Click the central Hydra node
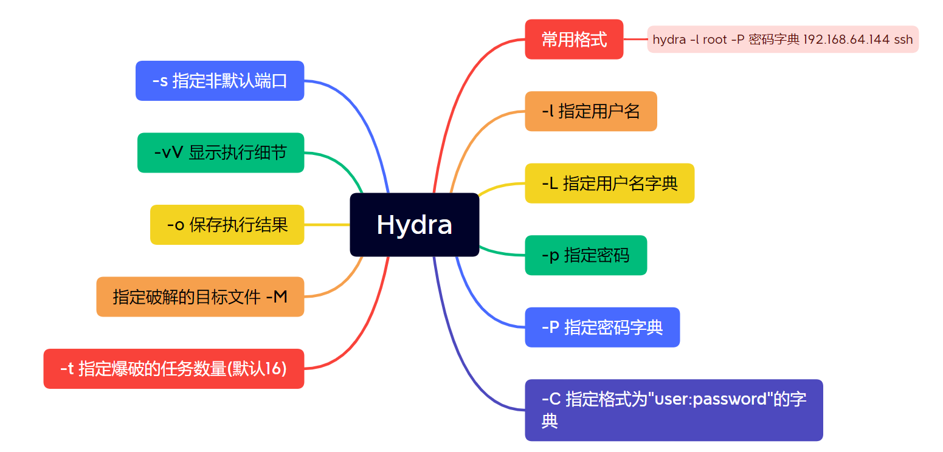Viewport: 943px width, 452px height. [x=414, y=224]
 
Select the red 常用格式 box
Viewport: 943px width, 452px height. [x=574, y=39]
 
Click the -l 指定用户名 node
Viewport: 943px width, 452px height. [x=590, y=111]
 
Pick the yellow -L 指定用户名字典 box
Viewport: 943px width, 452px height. [x=609, y=183]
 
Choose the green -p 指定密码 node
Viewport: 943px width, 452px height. [x=585, y=255]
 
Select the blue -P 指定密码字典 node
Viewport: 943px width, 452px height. [x=602, y=327]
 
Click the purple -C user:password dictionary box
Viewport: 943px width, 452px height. [x=673, y=409]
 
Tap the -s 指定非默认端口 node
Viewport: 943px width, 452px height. [x=219, y=81]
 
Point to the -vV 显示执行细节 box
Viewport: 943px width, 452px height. [x=220, y=152]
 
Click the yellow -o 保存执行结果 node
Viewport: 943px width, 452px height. [x=227, y=225]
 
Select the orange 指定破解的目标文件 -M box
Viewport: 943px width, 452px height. [x=200, y=296]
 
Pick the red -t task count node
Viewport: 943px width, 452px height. [x=173, y=368]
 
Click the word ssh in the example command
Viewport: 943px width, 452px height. [x=903, y=39]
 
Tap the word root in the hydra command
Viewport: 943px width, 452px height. [x=714, y=39]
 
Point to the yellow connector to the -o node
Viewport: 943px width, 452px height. [x=326, y=225]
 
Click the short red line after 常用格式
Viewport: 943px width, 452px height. [x=635, y=39]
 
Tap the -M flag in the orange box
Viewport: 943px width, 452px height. [x=277, y=297]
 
